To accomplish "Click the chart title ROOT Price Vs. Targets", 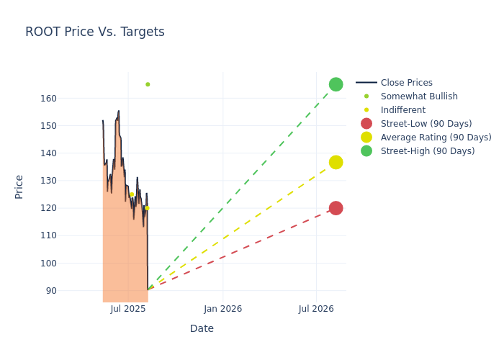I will pos(95,32).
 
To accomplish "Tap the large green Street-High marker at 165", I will pos(336,84).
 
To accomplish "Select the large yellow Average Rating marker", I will pos(336,163).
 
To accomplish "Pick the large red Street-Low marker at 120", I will pos(336,208).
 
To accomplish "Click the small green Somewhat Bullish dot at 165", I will pos(148,84).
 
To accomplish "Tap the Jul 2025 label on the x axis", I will pos(129,309).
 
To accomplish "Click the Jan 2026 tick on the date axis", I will pos(222,309).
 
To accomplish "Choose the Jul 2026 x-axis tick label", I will pos(316,309).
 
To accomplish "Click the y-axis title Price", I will pos(19,186).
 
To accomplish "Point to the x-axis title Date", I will pos(202,329).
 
